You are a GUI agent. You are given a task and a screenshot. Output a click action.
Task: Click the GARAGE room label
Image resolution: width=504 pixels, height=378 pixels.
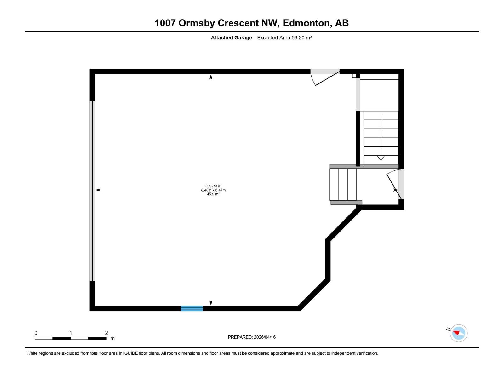[213, 186]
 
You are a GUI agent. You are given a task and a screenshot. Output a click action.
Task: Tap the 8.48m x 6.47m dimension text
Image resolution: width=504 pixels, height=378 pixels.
[213, 190]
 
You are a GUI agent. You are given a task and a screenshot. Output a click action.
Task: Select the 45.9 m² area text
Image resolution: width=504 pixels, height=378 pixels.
[213, 194]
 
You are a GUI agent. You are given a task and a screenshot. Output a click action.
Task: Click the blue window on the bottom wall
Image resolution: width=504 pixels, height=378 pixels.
[192, 308]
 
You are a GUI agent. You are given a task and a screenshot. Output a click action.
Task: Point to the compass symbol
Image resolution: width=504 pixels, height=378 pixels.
[458, 333]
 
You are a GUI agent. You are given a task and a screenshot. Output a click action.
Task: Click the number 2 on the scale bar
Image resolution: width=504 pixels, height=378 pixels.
[106, 333]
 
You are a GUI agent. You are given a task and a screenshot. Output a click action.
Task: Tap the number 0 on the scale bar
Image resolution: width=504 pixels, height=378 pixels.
[36, 333]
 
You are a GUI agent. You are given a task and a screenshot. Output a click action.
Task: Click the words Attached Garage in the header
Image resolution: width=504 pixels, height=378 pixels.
[232, 38]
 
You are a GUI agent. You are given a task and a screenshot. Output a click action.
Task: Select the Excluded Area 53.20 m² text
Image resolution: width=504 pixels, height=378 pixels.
[284, 38]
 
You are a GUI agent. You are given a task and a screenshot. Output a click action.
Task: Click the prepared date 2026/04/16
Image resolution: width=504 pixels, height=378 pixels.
[265, 337]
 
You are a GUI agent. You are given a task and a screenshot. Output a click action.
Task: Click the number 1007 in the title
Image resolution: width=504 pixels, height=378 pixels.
[165, 23]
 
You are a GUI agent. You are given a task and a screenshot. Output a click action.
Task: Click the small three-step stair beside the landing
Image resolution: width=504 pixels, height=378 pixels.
[343, 185]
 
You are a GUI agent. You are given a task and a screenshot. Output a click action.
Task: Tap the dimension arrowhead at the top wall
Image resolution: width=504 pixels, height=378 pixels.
[211, 77]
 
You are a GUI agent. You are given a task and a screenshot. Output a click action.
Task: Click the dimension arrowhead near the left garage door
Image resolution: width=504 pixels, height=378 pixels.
[98, 190]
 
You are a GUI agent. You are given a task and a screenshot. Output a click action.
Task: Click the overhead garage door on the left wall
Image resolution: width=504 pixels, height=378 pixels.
[92, 191]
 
